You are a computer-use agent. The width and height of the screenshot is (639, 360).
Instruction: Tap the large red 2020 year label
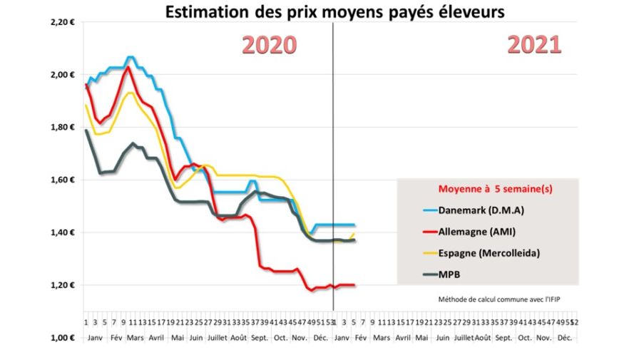269,45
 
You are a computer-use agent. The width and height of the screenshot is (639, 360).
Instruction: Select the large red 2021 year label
534,45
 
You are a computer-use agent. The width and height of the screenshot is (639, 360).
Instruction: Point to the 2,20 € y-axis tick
63,22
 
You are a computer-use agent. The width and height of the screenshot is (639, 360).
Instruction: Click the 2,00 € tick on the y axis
63,75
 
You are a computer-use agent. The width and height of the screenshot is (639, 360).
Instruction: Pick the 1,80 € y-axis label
63,128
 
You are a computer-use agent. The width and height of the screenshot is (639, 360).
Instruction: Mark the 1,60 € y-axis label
63,180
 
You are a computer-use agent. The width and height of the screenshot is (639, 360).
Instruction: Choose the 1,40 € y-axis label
63,233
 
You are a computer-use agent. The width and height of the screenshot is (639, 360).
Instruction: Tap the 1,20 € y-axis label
63,285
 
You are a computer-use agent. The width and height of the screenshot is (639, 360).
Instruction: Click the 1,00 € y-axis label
63,338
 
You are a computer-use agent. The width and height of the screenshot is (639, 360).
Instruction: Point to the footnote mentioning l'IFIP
489,300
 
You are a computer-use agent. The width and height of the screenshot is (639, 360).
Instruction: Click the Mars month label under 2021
382,336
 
